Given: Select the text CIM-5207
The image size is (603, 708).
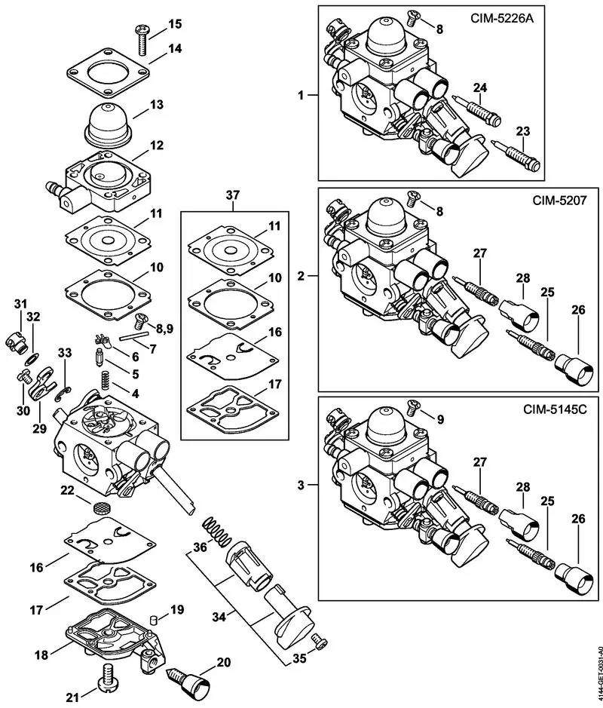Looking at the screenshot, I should pyautogui.click(x=555, y=202).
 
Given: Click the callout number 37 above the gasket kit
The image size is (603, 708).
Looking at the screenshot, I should pyautogui.click(x=234, y=195).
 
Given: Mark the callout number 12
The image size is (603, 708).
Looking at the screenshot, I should pyautogui.click(x=156, y=144).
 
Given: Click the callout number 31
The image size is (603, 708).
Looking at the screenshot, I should pyautogui.click(x=20, y=303).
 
